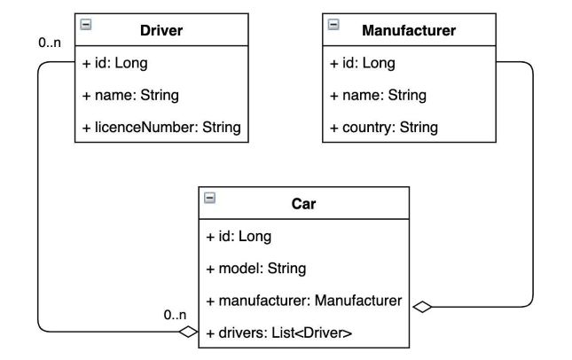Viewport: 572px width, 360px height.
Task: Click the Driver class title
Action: click(161, 31)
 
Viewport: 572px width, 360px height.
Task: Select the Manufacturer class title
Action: click(409, 31)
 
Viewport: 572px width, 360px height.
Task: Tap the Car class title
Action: click(303, 204)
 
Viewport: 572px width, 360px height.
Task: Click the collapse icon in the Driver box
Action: click(86, 25)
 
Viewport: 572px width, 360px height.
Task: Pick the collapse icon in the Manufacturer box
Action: click(333, 25)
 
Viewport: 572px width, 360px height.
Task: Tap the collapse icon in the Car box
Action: click(210, 198)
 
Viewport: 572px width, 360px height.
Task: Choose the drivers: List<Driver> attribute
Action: click(278, 333)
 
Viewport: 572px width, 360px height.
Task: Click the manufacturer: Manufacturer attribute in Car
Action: click(303, 301)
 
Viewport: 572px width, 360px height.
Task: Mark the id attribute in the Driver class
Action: click(114, 63)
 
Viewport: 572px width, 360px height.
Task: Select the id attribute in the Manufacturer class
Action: click(362, 63)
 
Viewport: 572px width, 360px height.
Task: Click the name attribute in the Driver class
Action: click(129, 95)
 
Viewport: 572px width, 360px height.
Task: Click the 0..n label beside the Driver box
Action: click(50, 42)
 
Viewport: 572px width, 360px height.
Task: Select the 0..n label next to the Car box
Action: click(175, 315)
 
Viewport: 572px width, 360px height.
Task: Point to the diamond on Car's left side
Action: click(187, 333)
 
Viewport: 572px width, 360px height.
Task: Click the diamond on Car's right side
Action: click(422, 307)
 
